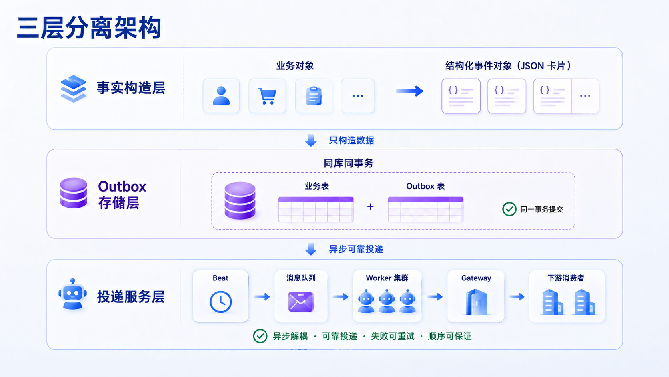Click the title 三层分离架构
click(89, 28)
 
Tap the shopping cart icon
click(267, 96)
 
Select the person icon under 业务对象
click(221, 96)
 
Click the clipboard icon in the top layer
click(314, 96)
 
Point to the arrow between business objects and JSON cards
click(409, 91)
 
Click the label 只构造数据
click(351, 140)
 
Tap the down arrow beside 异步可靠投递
click(311, 249)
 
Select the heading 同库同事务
click(349, 163)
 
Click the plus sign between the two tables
click(371, 206)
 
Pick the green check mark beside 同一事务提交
click(509, 209)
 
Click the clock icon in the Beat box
click(221, 302)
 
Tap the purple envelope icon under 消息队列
click(301, 302)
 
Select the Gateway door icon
click(476, 302)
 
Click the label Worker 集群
click(387, 278)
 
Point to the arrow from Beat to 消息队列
click(262, 297)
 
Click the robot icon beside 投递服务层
click(72, 294)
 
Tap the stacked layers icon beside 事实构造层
click(74, 89)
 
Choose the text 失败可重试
click(393, 337)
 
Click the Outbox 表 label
click(425, 186)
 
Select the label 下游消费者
click(566, 278)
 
